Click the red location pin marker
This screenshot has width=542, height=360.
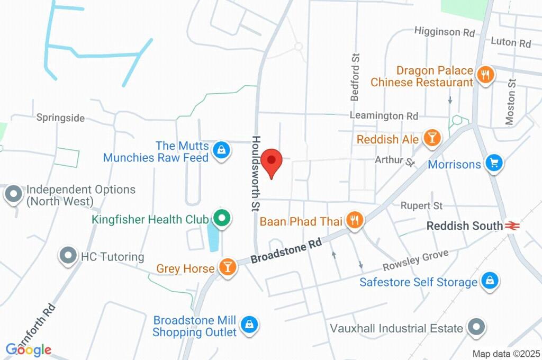pos(272,162)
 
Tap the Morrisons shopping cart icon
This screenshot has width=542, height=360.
pos(494,163)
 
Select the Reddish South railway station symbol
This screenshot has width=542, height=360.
pos(511,226)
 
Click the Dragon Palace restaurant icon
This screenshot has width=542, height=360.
pos(485,74)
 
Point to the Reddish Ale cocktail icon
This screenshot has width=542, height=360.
pos(432,139)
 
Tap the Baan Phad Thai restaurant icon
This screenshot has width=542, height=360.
pos(354,220)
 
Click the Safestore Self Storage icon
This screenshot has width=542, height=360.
pos(490,281)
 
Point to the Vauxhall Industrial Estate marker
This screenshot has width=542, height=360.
pos(475,328)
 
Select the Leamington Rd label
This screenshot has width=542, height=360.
pos(384,115)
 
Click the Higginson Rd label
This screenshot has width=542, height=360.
pos(445,32)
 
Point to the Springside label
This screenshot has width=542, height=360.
pos(60,118)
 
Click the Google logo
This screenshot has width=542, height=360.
pos(29,349)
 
